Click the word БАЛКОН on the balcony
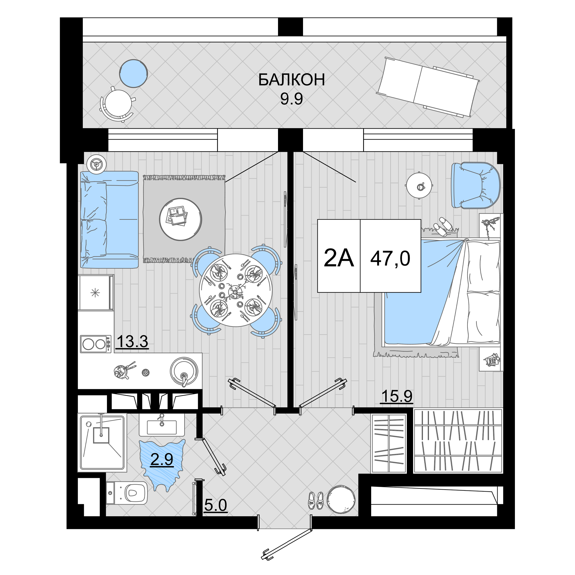coord(291,80)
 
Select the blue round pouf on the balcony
coord(134,74)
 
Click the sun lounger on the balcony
coord(428,87)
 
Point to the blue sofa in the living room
coord(110,220)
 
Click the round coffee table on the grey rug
coord(180,219)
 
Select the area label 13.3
coord(133,341)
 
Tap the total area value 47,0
coord(390,258)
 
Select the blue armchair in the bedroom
coord(476,185)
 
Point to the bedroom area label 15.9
coord(397,396)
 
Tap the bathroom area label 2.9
coord(162,459)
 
